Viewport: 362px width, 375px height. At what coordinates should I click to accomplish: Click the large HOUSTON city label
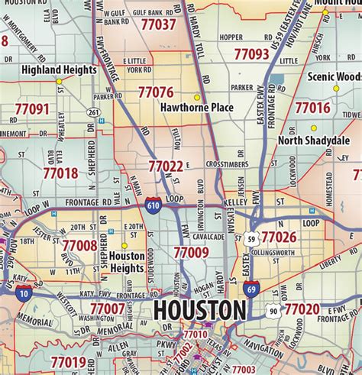click(200, 311)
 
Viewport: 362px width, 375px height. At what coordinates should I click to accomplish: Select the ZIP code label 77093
click(251, 54)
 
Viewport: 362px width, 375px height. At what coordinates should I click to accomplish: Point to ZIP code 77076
click(156, 92)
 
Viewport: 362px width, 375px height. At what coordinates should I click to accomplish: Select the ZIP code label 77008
click(79, 245)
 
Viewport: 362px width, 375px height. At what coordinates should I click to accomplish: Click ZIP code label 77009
click(191, 251)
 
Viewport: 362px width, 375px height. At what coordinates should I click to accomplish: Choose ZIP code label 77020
click(302, 309)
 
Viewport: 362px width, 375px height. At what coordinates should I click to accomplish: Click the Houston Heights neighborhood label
click(126, 262)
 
